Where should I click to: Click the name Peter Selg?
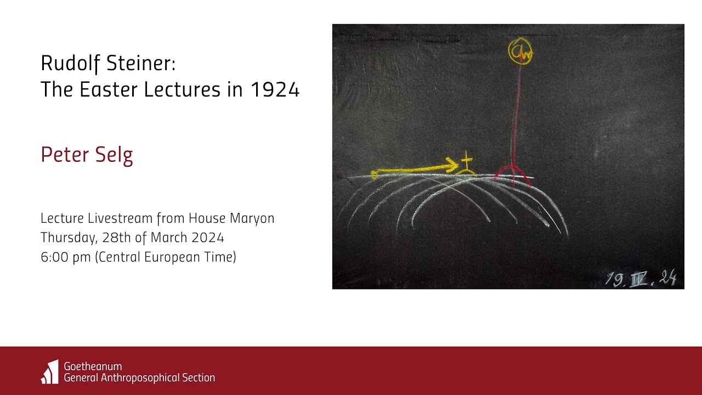87,155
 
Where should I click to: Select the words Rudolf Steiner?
107,64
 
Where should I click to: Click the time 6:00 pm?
65,257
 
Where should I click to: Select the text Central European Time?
166,257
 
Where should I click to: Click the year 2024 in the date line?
208,238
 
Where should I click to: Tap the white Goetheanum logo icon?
50,371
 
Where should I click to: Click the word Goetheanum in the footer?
93,366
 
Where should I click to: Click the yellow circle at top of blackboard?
520,52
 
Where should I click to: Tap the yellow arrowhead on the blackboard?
452,164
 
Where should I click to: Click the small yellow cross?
466,161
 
